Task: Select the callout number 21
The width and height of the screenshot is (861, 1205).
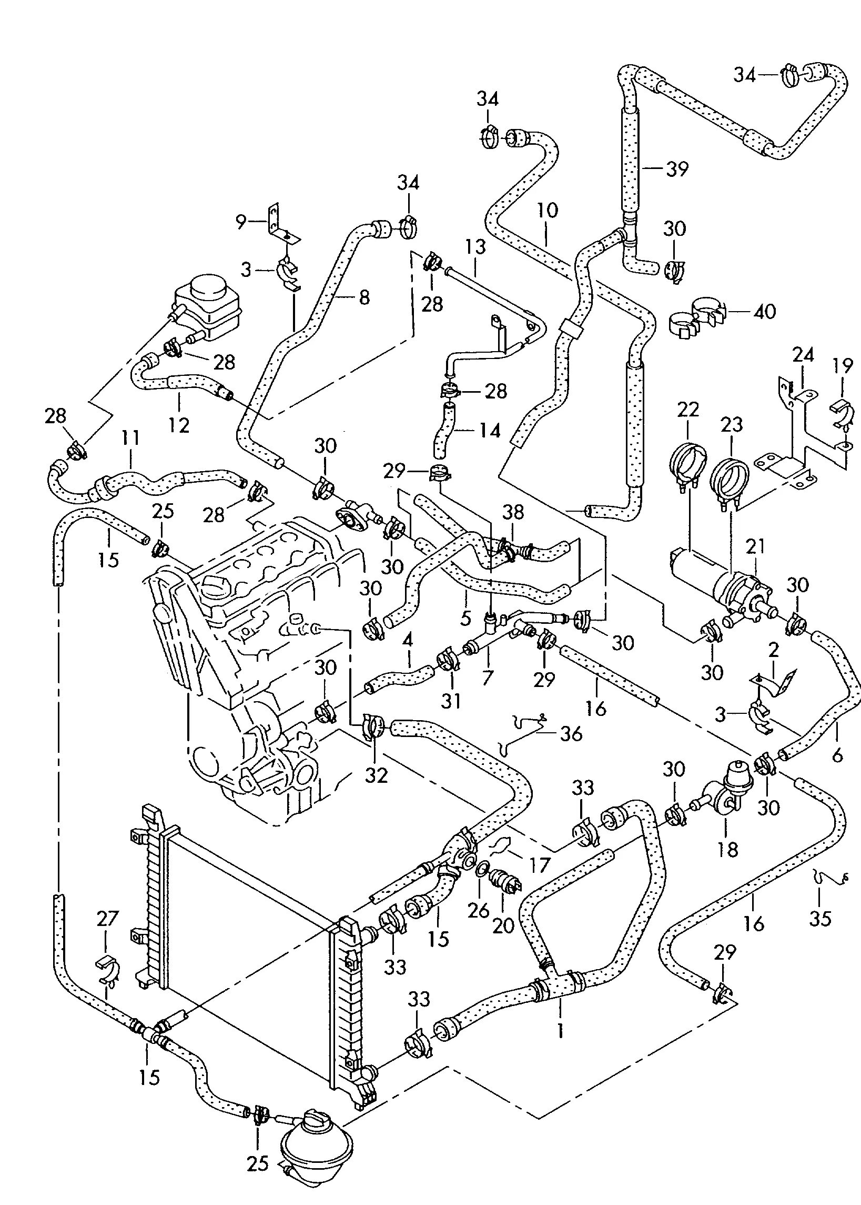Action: pos(755,547)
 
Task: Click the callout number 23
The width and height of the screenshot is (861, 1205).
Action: pos(731,424)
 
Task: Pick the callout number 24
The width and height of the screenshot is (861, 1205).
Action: pos(803,355)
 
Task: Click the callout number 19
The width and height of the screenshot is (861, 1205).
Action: pos(843,365)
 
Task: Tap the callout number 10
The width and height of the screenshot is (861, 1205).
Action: pos(547,211)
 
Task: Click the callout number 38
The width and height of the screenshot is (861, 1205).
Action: pos(513,512)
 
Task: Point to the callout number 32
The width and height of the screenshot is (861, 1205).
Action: pos(377,776)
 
